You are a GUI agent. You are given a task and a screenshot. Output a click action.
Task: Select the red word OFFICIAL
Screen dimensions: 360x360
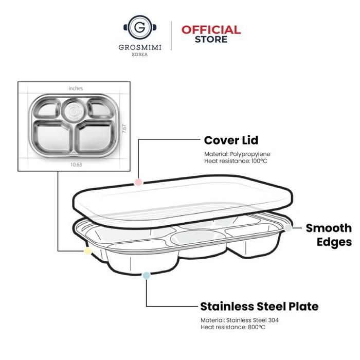(x=211, y=30)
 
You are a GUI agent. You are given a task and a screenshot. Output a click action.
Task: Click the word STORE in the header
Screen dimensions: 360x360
(x=211, y=39)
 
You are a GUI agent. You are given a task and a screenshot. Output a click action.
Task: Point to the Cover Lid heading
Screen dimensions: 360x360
(x=231, y=140)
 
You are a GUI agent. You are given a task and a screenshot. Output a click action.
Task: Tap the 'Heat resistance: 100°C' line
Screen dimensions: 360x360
(x=236, y=161)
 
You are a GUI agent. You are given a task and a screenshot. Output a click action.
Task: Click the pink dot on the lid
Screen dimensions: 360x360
(x=137, y=182)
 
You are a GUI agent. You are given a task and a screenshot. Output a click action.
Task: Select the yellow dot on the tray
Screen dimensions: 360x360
(x=87, y=251)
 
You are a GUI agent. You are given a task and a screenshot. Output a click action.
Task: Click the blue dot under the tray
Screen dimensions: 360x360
(x=147, y=276)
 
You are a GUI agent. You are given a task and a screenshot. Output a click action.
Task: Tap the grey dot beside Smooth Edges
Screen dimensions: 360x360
(x=289, y=228)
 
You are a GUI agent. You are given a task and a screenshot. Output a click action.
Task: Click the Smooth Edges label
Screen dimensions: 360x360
(x=329, y=235)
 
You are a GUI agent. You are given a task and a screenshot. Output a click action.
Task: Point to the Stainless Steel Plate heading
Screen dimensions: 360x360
(x=259, y=307)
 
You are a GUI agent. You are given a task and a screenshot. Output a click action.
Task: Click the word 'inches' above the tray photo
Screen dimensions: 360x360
(x=76, y=88)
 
